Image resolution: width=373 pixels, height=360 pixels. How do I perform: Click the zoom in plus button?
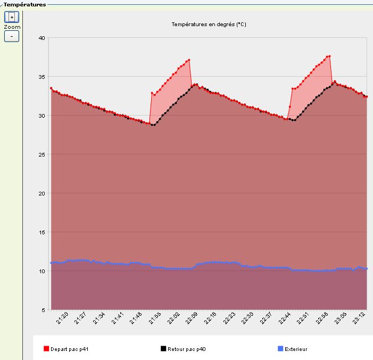point(12,17)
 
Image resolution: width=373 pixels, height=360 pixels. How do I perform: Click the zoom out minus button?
point(12,36)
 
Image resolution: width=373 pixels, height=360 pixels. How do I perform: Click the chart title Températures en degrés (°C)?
point(209,24)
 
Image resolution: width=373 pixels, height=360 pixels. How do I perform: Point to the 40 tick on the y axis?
point(43,38)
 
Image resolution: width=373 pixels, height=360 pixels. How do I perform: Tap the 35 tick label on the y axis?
point(43,77)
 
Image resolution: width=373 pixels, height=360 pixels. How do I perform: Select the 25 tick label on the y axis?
point(43,154)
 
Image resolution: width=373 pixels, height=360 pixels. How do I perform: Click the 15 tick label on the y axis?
point(43,232)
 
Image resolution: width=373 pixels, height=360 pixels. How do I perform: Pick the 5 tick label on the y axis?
point(45,309)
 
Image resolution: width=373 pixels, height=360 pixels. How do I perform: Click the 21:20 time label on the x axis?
point(62,318)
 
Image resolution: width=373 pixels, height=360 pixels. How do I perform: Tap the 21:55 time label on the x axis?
point(155,318)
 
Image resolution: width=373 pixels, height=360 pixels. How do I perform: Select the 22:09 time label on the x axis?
point(193,318)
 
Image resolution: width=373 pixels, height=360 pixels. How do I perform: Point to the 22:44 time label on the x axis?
point(286,318)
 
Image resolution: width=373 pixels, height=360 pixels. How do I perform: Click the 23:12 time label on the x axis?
point(360,318)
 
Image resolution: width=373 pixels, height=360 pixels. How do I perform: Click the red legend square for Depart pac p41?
point(46,349)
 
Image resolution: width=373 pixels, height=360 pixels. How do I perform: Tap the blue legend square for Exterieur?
point(280,349)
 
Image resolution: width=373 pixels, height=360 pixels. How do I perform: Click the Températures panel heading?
point(24,4)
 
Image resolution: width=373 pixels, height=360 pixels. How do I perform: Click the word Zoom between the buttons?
point(12,27)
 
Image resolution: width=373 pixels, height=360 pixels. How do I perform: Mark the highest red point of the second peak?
point(330,56)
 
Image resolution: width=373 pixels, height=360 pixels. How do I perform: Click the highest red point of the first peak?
point(189,60)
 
